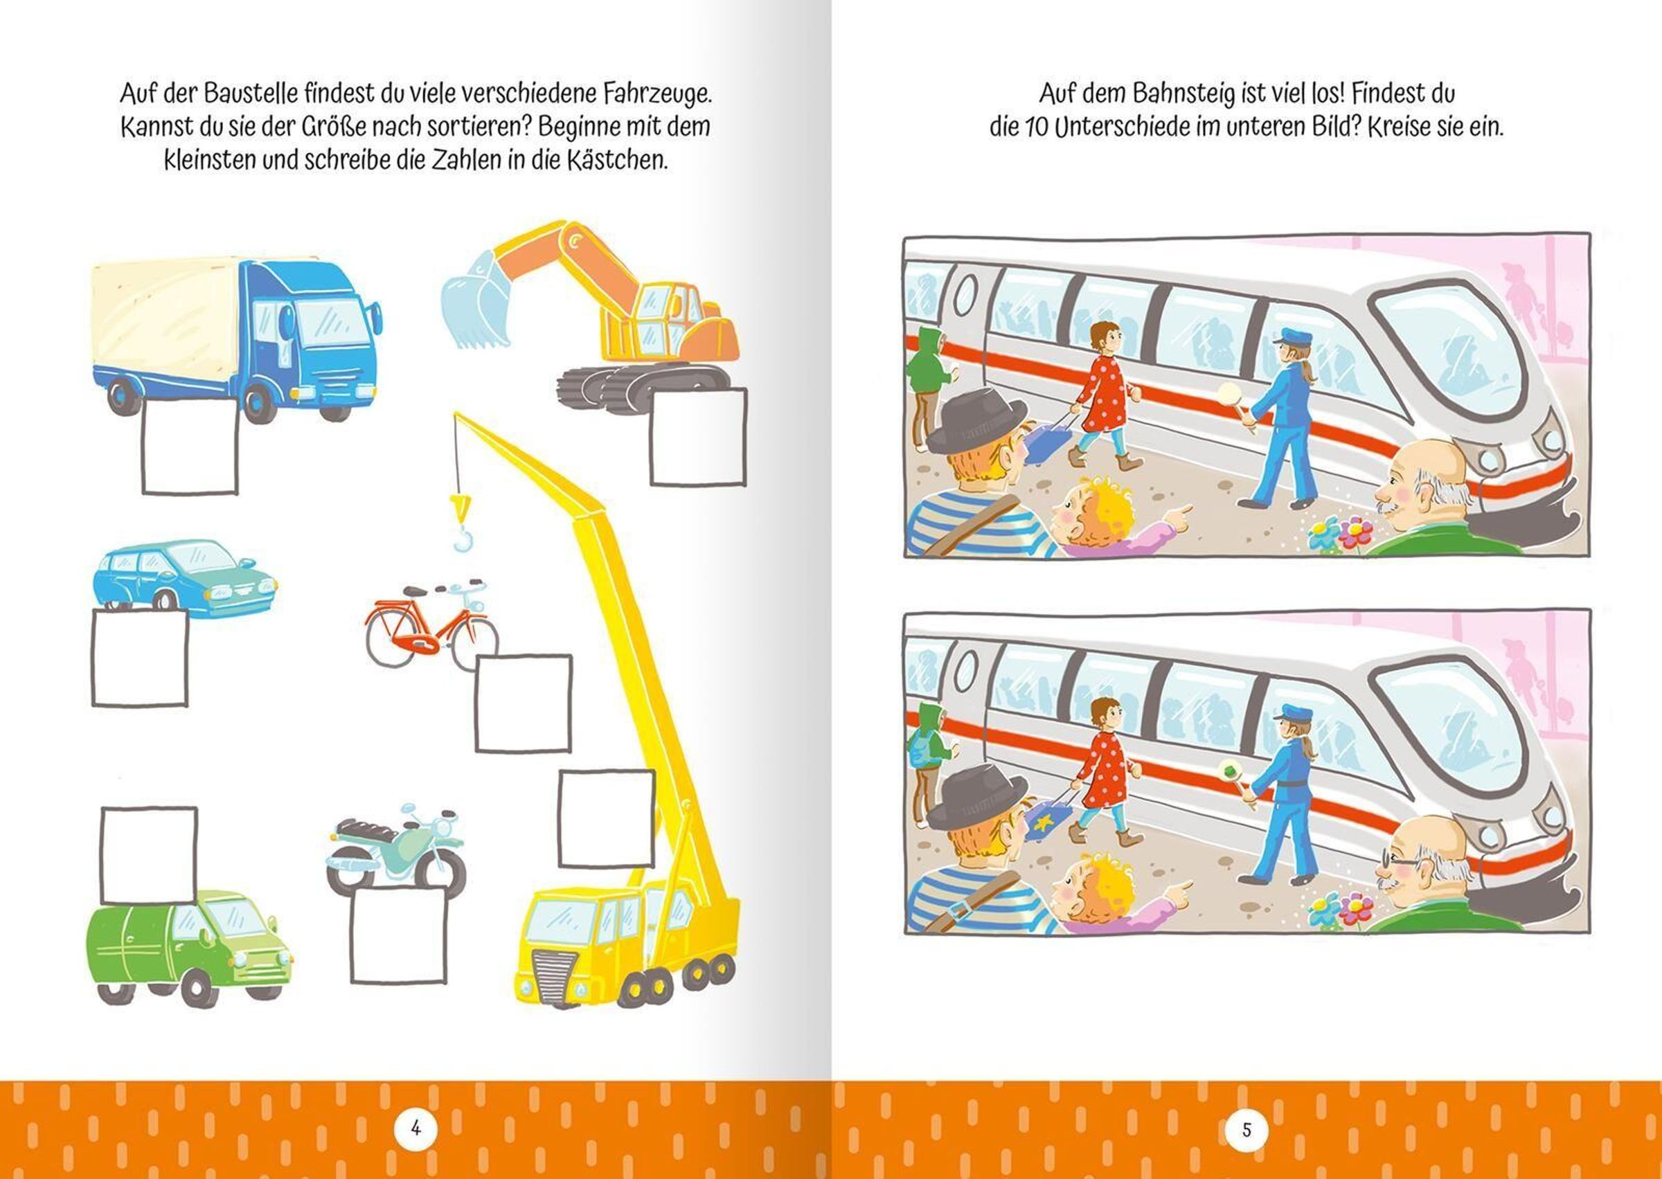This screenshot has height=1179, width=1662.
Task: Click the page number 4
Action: click(x=416, y=1129)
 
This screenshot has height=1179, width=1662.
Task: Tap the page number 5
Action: click(x=1246, y=1129)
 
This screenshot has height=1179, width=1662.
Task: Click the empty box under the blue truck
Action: click(x=190, y=448)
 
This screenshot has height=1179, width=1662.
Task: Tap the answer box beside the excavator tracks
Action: click(x=698, y=437)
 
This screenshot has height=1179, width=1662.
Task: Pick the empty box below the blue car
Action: click(x=140, y=657)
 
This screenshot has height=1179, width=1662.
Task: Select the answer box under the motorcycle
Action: click(x=399, y=936)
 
